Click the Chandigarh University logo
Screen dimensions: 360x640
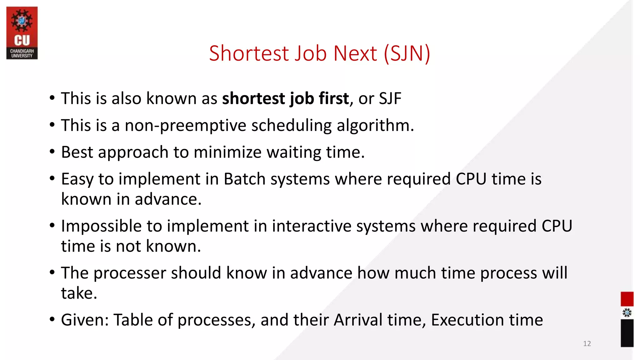(22, 33)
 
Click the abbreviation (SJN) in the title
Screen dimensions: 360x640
(407, 53)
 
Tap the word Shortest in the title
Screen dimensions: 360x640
(249, 53)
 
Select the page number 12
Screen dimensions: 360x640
(587, 344)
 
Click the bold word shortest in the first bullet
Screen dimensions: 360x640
(253, 99)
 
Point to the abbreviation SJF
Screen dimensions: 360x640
(390, 99)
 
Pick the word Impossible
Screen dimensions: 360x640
(101, 226)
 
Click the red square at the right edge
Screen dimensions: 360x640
(627, 299)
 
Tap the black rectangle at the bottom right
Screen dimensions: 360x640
(627, 333)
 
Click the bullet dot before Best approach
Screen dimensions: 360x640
(52, 152)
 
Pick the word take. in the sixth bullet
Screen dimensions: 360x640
(79, 293)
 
